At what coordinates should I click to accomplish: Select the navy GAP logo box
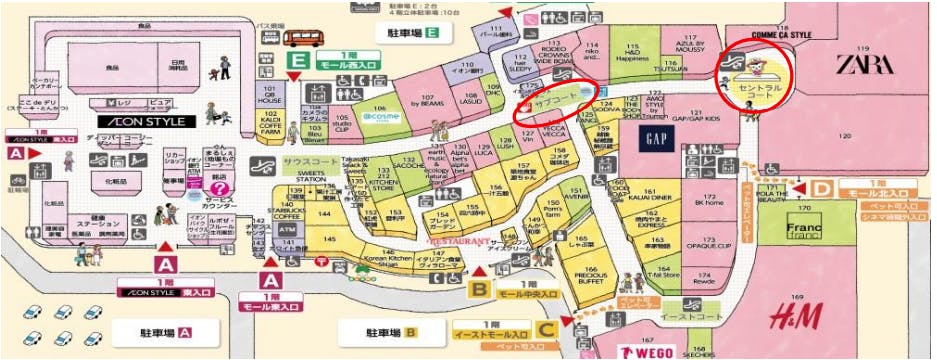[x=657, y=138]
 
